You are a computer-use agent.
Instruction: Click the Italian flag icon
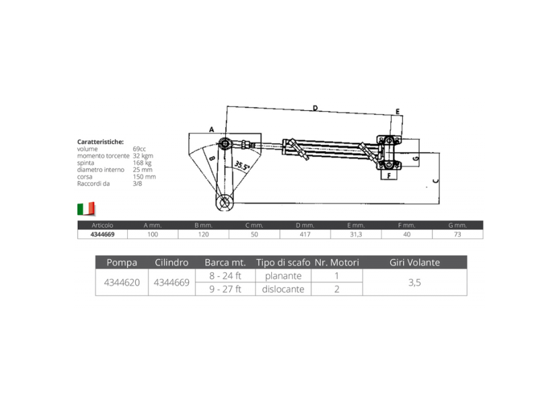(x=86, y=208)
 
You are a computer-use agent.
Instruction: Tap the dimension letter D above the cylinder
(x=315, y=108)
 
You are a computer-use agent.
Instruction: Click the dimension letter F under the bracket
(x=388, y=175)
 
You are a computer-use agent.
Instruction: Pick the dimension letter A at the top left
(x=211, y=129)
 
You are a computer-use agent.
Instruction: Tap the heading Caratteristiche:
(x=101, y=142)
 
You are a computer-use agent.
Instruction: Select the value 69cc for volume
(x=139, y=149)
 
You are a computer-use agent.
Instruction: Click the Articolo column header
(x=103, y=225)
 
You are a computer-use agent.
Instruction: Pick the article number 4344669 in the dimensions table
(x=103, y=234)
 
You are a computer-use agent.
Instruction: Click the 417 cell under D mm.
(x=305, y=234)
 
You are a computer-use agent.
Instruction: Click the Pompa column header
(x=121, y=263)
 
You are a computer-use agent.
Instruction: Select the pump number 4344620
(x=121, y=283)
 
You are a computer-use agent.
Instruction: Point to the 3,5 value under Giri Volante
(x=414, y=283)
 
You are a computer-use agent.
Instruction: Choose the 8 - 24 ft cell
(x=226, y=276)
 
